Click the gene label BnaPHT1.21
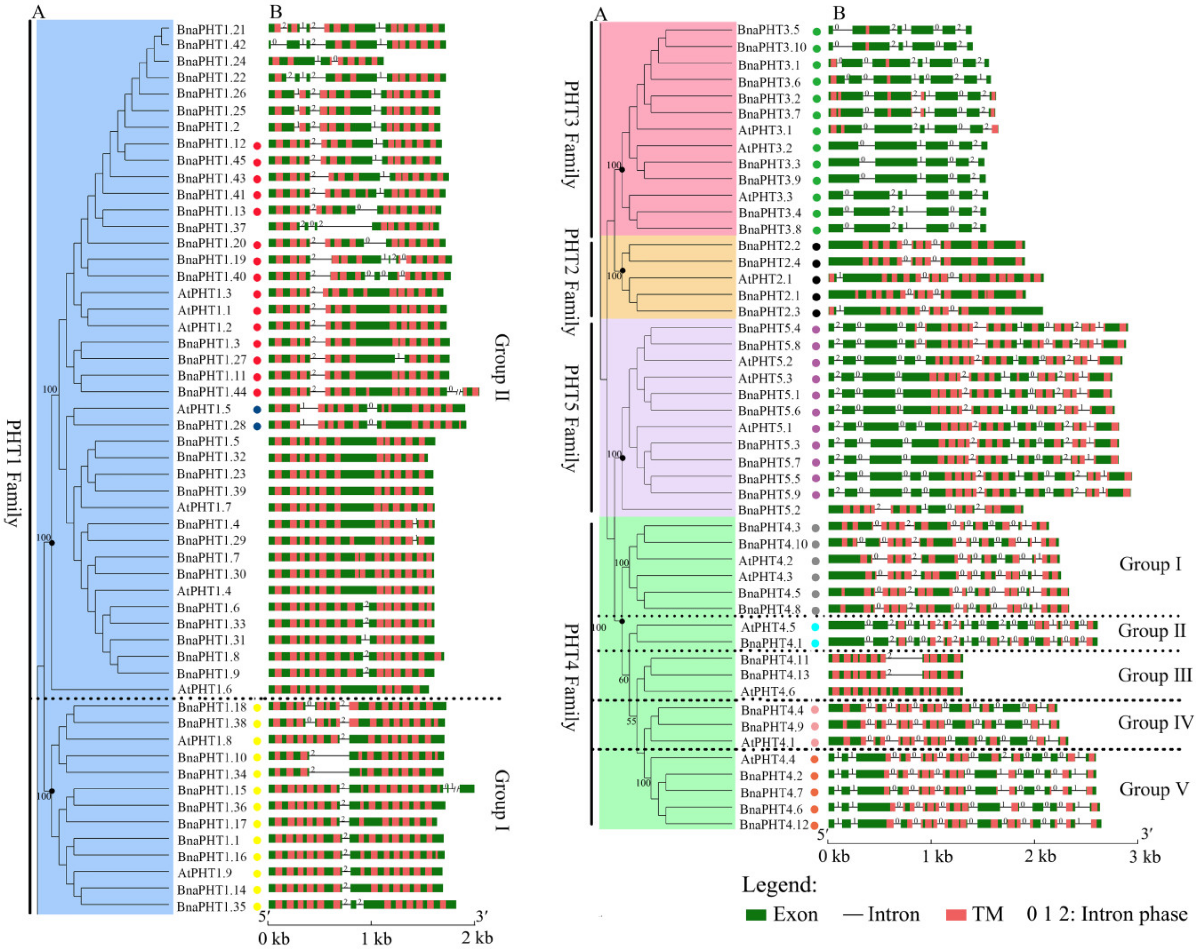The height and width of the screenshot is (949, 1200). coord(211,29)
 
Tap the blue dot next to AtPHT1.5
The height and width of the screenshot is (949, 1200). coord(257,410)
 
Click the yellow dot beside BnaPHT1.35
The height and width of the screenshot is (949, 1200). coord(257,907)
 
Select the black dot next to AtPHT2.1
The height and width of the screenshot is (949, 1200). coord(816,279)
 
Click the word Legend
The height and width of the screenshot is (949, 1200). coord(780,885)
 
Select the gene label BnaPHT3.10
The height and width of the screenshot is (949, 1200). coord(771,47)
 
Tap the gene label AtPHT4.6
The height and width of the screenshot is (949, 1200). coord(768,692)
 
